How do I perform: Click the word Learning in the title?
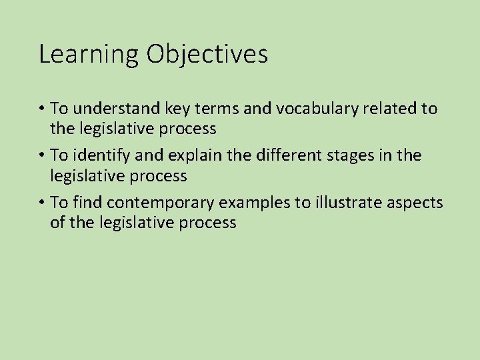[x=89, y=55]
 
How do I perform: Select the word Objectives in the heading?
[x=207, y=55]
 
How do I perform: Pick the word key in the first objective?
[x=173, y=109]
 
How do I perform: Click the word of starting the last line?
[x=57, y=223]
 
